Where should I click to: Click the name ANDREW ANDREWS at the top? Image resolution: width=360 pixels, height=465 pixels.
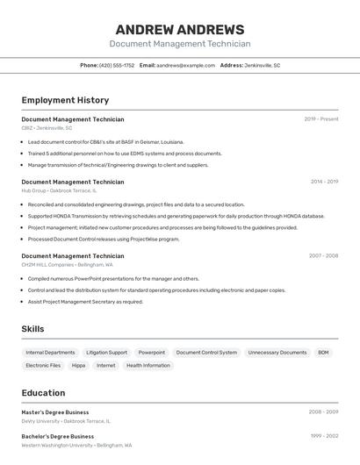pyautogui.click(x=180, y=29)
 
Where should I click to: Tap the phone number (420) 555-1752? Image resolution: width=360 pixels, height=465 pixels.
pyautogui.click(x=117, y=65)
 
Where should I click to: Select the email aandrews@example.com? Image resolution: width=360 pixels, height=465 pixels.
pyautogui.click(x=186, y=65)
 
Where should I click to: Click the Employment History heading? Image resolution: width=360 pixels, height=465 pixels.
pyautogui.click(x=65, y=100)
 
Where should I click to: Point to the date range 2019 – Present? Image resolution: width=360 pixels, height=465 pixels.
pyautogui.click(x=321, y=119)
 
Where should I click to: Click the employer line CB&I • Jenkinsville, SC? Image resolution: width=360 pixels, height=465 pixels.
pyautogui.click(x=47, y=128)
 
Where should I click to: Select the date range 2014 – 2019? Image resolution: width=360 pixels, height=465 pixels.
pyautogui.click(x=324, y=182)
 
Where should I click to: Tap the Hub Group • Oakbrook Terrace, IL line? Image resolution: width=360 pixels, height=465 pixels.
pyautogui.click(x=59, y=190)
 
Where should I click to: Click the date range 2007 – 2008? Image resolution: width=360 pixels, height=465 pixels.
pyautogui.click(x=323, y=256)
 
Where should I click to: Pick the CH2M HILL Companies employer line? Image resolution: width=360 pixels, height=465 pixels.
pyautogui.click(x=67, y=264)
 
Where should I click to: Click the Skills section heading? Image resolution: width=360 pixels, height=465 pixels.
pyautogui.click(x=32, y=329)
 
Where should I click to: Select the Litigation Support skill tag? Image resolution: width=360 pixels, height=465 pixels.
pyautogui.click(x=106, y=353)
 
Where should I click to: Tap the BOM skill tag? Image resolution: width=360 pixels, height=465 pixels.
pyautogui.click(x=323, y=353)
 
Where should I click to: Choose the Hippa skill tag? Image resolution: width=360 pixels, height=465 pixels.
pyautogui.click(x=79, y=365)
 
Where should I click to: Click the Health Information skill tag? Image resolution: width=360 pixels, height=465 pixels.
pyautogui.click(x=148, y=365)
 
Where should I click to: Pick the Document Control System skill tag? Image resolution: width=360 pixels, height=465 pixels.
pyautogui.click(x=206, y=353)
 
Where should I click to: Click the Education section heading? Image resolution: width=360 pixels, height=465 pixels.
pyautogui.click(x=43, y=393)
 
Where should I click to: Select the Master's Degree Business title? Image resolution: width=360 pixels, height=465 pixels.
pyautogui.click(x=55, y=412)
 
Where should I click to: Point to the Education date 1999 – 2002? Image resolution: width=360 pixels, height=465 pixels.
pyautogui.click(x=324, y=436)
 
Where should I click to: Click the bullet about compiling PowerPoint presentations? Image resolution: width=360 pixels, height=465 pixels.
pyautogui.click(x=113, y=279)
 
